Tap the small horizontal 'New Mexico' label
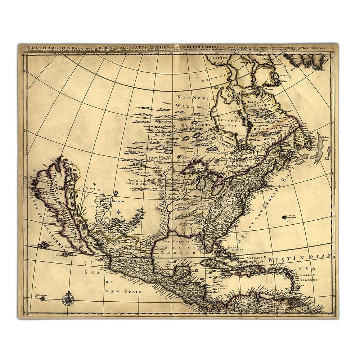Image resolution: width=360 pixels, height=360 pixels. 117,202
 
